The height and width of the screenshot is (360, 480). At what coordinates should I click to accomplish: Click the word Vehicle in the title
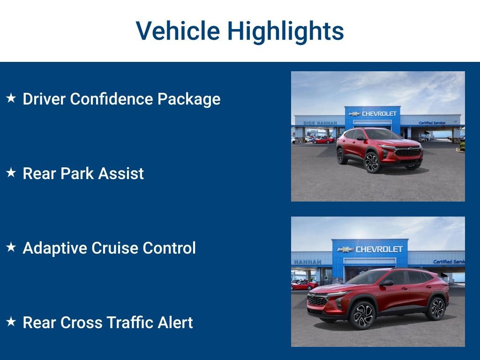(x=178, y=31)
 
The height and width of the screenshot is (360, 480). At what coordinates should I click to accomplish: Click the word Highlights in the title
(x=285, y=31)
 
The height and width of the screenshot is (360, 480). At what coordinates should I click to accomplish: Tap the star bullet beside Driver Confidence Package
(x=11, y=98)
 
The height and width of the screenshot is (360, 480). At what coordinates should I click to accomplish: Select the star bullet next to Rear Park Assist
(x=11, y=173)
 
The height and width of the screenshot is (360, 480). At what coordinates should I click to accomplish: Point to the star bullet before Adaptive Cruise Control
(x=11, y=247)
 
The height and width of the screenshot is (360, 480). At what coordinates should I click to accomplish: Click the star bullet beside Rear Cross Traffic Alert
(x=11, y=322)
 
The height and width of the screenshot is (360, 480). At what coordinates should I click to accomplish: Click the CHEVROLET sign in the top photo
(x=373, y=113)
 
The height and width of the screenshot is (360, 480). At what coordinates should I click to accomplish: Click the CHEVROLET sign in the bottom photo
(x=370, y=249)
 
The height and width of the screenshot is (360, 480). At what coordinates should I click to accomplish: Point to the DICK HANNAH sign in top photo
(x=320, y=123)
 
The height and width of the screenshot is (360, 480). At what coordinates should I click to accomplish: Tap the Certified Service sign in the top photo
(x=432, y=123)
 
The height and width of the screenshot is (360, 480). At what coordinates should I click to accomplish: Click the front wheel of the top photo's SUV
(x=372, y=163)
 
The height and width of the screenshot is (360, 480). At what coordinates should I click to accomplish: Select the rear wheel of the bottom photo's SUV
(x=435, y=308)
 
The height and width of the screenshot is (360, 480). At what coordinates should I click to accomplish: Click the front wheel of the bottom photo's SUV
(x=362, y=315)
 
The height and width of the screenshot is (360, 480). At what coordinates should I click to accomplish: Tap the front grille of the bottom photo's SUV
(x=317, y=300)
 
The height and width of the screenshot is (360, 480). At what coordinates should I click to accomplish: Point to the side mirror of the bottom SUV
(x=387, y=283)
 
